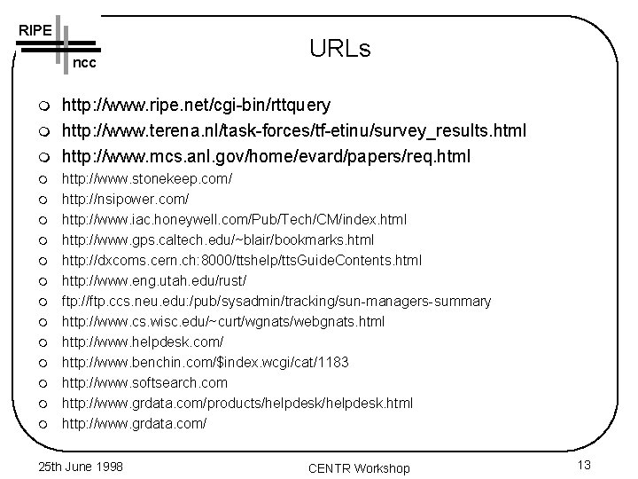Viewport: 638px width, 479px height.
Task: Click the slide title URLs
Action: point(339,48)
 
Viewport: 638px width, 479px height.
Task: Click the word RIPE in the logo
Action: point(34,29)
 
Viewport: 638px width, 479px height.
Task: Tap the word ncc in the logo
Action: point(84,64)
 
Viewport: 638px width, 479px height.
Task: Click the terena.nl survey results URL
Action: point(293,131)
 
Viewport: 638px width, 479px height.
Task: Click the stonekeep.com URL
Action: point(146,179)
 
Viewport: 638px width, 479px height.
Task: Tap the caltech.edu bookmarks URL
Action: point(217,239)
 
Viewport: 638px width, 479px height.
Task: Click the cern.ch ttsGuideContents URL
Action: point(241,260)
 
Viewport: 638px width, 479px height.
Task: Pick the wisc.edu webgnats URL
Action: point(222,321)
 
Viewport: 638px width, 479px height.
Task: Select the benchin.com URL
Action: point(205,362)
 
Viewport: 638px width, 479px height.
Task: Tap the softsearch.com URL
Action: point(144,382)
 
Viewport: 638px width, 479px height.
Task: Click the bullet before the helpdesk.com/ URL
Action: point(42,342)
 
